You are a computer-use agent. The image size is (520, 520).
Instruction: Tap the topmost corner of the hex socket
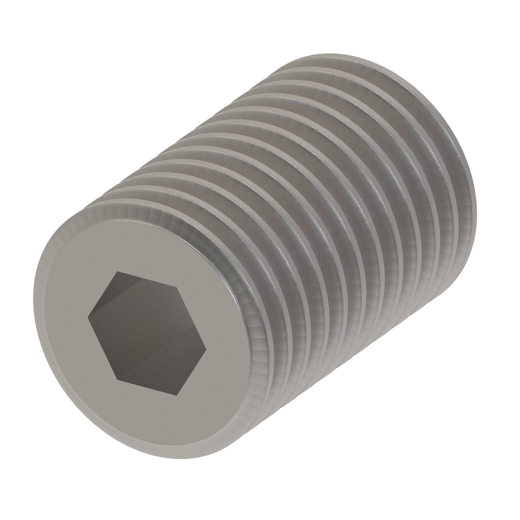pos(116,272)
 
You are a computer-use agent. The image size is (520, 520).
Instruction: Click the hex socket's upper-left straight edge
pos(102,295)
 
